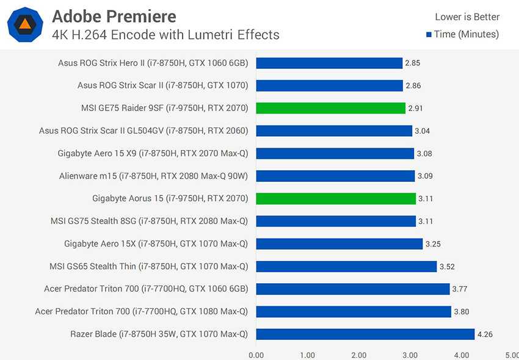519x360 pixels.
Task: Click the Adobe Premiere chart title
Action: click(114, 16)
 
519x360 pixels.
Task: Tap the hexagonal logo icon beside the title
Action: click(25, 24)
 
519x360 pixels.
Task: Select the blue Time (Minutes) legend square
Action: click(429, 34)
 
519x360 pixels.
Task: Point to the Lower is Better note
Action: click(467, 17)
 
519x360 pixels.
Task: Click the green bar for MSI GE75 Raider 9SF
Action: click(330, 108)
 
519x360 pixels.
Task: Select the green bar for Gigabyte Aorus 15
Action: click(336, 198)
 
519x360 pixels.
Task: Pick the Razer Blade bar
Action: click(365, 334)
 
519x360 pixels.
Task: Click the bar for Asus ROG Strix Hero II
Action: click(329, 63)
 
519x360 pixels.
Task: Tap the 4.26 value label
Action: click(485, 334)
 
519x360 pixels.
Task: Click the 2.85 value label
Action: click(413, 63)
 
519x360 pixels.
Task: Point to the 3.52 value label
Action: click(447, 266)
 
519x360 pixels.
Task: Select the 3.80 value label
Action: click(461, 311)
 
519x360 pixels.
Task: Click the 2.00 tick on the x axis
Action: click(359, 355)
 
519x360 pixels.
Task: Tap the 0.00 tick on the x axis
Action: click(256, 355)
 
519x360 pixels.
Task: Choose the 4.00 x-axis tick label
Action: click(462, 355)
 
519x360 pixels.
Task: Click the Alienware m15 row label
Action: click(153, 176)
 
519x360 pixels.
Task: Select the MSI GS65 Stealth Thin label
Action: click(148, 266)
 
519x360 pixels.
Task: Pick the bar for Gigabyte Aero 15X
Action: click(339, 243)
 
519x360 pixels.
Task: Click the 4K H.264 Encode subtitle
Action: click(165, 35)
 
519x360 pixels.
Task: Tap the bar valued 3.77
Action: click(353, 289)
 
